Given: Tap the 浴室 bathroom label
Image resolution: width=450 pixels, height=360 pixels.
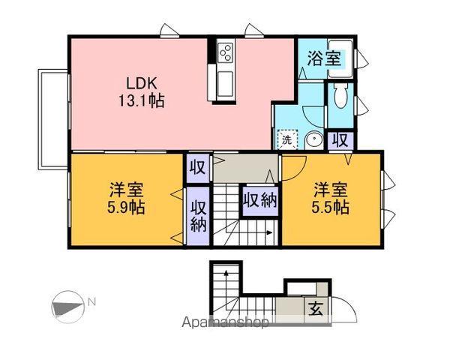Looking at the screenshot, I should [324, 57].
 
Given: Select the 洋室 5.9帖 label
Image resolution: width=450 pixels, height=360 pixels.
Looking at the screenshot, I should [125, 198].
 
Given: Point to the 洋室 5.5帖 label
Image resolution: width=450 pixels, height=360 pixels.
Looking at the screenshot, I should [330, 197].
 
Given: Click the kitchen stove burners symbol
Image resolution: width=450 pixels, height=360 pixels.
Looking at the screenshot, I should [226, 52].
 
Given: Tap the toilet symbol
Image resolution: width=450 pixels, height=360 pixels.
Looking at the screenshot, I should [340, 95].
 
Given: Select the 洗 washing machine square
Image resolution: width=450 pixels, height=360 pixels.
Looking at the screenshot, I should [286, 139].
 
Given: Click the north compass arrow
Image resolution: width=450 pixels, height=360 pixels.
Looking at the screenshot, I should [67, 305].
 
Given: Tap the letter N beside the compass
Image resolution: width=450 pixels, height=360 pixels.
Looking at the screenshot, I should [91, 301].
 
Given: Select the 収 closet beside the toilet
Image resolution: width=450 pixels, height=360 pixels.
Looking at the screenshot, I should [340, 139].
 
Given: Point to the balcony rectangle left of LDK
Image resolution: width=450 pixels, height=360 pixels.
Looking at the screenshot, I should [52, 118].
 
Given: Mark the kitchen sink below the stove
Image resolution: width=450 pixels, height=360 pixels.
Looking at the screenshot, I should [224, 81].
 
